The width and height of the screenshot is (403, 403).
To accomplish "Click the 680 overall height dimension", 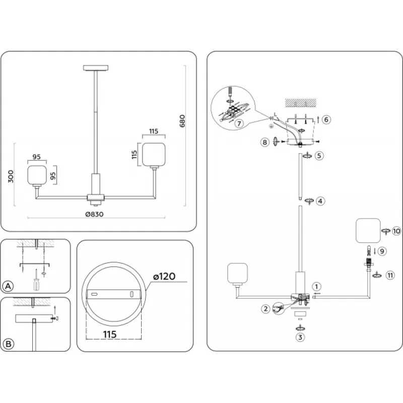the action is [182, 121].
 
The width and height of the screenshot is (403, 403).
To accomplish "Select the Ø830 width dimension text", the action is [95, 214].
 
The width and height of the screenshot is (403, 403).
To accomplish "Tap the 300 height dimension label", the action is [11, 176].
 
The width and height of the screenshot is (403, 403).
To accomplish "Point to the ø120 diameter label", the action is [164, 277].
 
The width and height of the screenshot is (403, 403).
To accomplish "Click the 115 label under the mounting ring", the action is [110, 334].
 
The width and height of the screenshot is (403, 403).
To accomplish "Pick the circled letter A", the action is [8, 286].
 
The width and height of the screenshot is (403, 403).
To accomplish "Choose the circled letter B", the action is [8, 344].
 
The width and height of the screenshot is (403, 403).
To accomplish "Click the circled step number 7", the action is [239, 123].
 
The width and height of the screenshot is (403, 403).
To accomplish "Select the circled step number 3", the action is [300, 337].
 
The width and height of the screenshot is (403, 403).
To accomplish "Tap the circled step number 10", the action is [396, 231].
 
